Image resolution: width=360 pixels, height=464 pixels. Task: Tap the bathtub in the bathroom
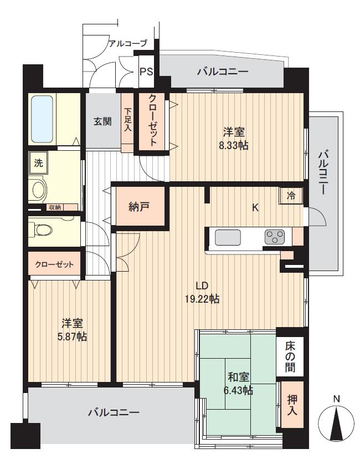(43, 119)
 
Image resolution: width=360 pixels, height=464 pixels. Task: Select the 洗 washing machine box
(38, 164)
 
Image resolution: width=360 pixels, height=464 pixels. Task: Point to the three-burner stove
(274, 238)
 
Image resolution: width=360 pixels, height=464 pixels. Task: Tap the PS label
(146, 72)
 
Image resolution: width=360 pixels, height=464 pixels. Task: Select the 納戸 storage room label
(139, 207)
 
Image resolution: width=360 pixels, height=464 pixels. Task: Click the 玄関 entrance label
(102, 121)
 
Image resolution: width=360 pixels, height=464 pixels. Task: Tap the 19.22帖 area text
(202, 299)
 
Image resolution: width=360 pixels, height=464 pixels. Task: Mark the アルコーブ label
(128, 43)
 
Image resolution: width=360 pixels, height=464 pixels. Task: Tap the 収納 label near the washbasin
(54, 207)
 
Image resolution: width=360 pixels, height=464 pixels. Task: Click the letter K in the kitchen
(255, 208)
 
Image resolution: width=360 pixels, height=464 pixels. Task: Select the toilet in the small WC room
(42, 228)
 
